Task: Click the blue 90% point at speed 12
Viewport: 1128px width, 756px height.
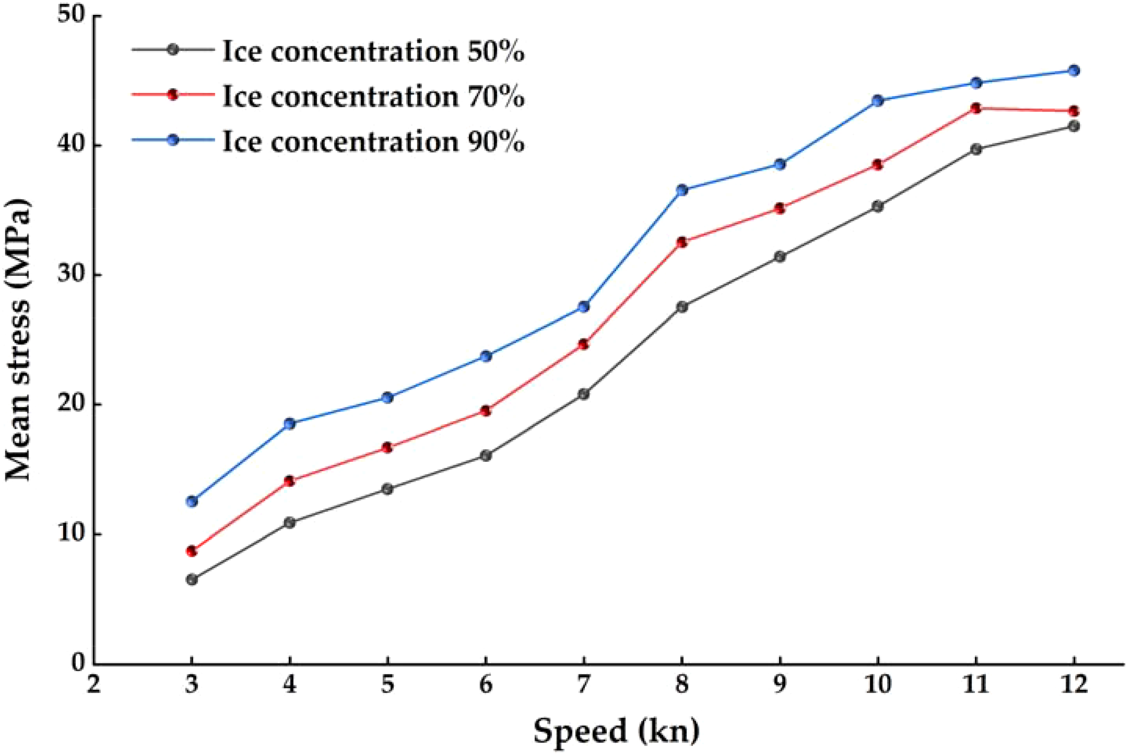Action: point(1074,71)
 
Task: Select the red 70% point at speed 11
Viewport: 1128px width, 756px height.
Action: point(976,108)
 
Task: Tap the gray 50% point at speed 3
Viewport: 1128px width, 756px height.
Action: point(192,579)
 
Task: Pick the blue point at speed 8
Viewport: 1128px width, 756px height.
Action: point(682,190)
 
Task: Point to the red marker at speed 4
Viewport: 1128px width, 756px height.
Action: point(290,481)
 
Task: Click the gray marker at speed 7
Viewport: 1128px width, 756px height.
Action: point(583,394)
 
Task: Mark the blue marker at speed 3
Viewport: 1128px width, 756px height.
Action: point(192,501)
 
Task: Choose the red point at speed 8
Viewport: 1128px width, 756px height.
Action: point(682,242)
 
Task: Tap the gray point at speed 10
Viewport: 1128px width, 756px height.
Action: point(878,206)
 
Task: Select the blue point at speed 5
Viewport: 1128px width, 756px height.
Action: point(388,397)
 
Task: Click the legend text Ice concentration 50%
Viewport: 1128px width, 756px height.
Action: point(374,51)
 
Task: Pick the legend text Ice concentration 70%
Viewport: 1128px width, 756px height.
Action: point(374,97)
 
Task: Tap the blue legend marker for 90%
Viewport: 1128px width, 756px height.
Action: point(173,140)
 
